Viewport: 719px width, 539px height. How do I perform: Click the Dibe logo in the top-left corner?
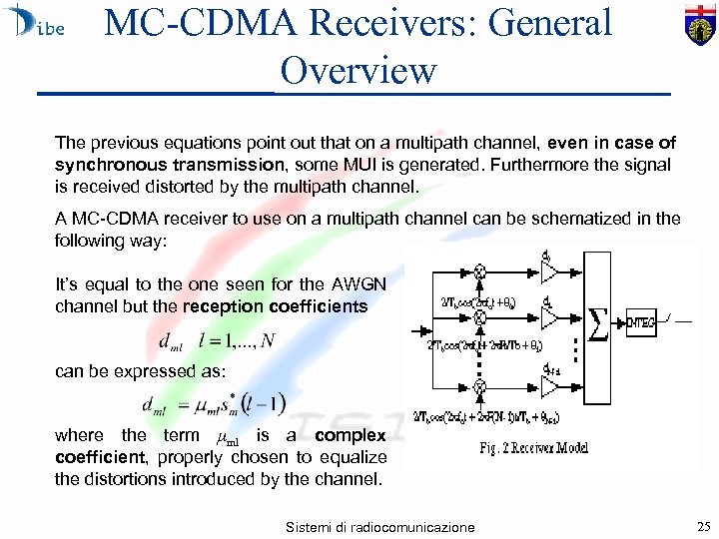(x=35, y=24)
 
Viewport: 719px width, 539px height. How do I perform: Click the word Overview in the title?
(x=359, y=70)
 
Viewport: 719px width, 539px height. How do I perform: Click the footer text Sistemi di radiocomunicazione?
(x=379, y=527)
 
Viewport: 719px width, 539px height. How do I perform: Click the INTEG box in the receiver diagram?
(x=643, y=320)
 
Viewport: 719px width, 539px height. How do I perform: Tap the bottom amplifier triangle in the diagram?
(x=549, y=385)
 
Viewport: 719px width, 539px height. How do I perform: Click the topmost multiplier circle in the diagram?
(x=479, y=270)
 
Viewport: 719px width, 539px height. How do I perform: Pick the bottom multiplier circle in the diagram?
(x=479, y=385)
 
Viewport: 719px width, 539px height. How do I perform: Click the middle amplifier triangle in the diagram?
(x=549, y=317)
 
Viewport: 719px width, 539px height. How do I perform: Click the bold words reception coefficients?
(x=285, y=305)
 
